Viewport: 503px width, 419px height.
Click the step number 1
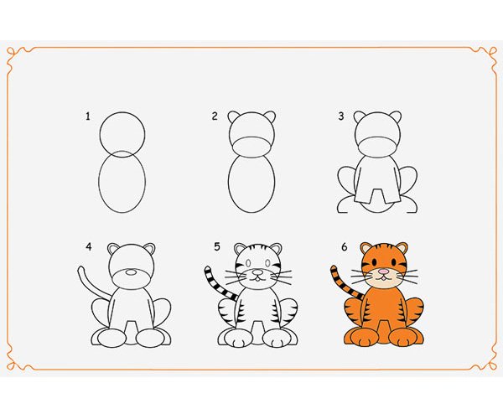(x=87, y=116)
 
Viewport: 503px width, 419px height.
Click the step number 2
(x=215, y=116)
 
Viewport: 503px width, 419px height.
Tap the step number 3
(x=341, y=116)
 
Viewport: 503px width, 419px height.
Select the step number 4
(x=89, y=246)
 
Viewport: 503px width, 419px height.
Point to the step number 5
(x=217, y=246)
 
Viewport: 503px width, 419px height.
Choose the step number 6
(x=345, y=247)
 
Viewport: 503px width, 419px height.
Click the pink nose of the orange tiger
(x=383, y=272)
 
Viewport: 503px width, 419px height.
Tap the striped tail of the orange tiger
(x=344, y=282)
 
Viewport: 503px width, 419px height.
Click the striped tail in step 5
(x=217, y=282)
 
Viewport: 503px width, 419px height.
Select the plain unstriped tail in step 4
(x=91, y=283)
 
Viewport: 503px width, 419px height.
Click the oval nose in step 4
(x=131, y=272)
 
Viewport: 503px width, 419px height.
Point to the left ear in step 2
(x=234, y=116)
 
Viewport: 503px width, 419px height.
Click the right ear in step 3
(x=396, y=116)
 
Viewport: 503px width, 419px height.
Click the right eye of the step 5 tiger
(x=267, y=263)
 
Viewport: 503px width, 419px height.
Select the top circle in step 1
(x=122, y=112)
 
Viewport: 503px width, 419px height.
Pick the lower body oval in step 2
(x=229, y=183)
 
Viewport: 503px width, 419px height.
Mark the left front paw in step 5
(x=236, y=339)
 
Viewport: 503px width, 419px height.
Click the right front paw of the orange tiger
(x=403, y=338)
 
